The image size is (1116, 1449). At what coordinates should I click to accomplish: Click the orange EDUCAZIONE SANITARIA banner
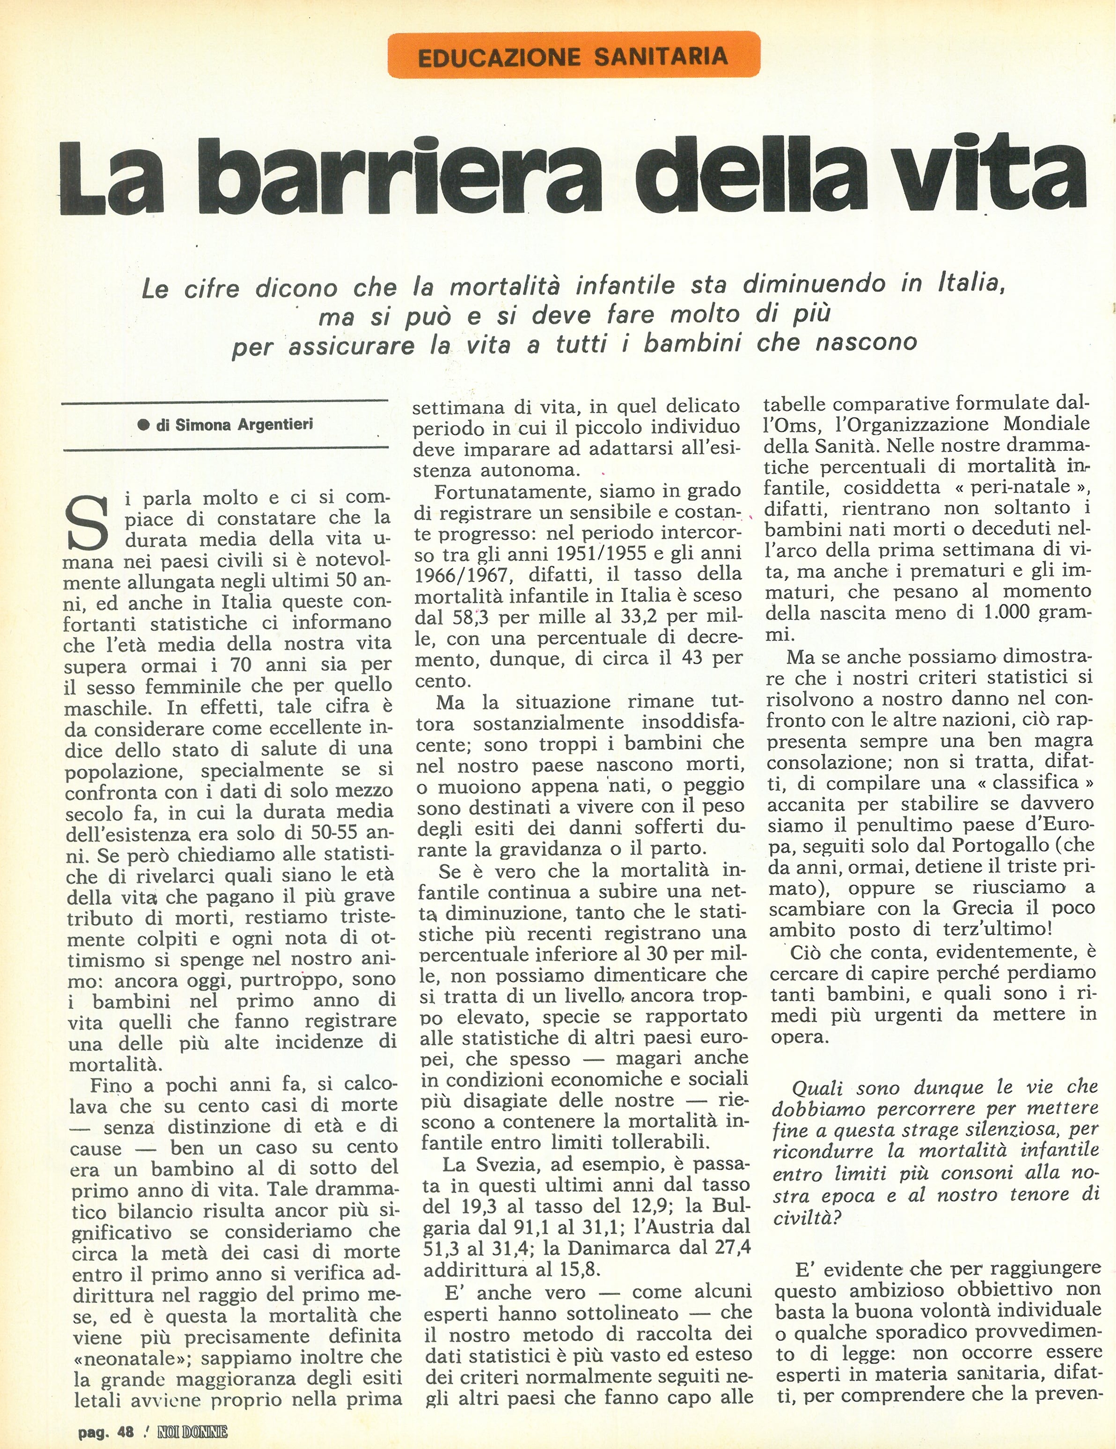point(573,55)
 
